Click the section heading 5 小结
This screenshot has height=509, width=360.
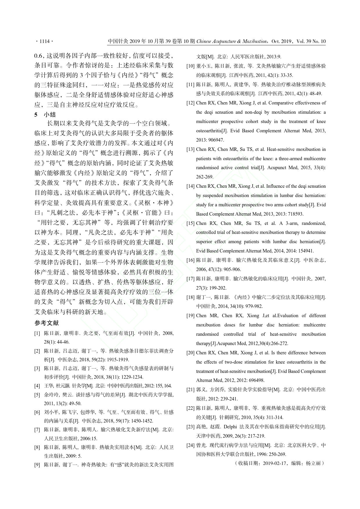[x=45, y=114]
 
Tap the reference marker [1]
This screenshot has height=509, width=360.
[x=37, y=333]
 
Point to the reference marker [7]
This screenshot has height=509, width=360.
[x=37, y=429]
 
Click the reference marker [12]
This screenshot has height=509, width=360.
[x=190, y=103]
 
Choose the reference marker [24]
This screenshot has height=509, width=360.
[x=190, y=445]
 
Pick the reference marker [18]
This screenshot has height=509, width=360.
[x=190, y=297]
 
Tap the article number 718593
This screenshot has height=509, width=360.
[x=287, y=214]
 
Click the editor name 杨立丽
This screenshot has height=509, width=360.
[x=314, y=463]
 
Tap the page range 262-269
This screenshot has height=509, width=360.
[x=205, y=177]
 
